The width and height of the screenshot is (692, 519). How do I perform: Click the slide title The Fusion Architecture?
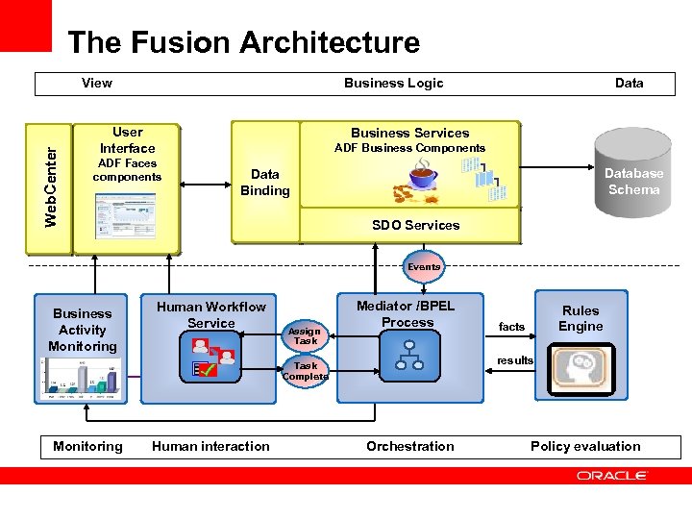click(243, 43)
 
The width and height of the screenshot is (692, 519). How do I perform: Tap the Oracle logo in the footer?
click(612, 475)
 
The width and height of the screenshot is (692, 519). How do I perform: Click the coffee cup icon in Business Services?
click(419, 177)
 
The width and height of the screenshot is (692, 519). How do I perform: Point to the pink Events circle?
click(424, 267)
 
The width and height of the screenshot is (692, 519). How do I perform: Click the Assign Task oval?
click(306, 335)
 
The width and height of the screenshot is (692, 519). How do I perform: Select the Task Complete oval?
click(306, 371)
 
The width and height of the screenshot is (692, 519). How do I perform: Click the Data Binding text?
click(264, 182)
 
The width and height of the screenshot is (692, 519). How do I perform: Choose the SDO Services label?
click(415, 225)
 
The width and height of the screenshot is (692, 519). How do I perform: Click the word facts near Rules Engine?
click(511, 327)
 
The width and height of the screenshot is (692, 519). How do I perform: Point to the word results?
click(515, 360)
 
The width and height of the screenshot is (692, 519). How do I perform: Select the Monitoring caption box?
click(87, 446)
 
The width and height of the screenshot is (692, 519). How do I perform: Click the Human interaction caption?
click(210, 446)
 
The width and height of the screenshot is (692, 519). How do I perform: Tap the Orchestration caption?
click(410, 446)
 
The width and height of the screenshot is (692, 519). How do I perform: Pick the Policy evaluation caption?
click(585, 446)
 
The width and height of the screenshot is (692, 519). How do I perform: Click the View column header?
click(97, 83)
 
